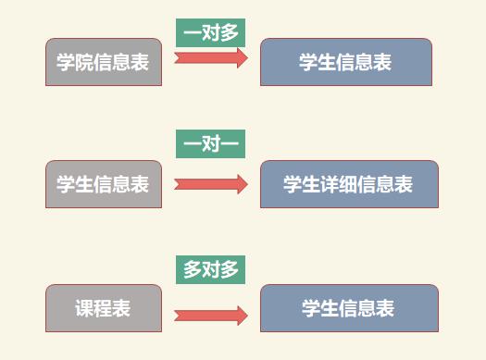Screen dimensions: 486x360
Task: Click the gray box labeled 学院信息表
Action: [104, 62]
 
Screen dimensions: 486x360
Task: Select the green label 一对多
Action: [210, 32]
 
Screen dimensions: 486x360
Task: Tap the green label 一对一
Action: [210, 143]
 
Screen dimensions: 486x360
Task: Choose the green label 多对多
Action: [210, 270]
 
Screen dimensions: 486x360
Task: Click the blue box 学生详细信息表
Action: [349, 184]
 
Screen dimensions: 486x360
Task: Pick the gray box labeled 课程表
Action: [104, 308]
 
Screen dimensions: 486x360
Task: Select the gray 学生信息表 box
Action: [104, 184]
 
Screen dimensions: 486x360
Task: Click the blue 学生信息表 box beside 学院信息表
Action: [346, 62]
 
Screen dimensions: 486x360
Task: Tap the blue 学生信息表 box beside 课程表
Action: [349, 308]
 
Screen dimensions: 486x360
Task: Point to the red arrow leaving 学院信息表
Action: [211, 58]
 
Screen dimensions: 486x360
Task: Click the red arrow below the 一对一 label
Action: [211, 184]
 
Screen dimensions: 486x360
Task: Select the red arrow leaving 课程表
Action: [211, 316]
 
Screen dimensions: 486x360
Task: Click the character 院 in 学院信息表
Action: [83, 62]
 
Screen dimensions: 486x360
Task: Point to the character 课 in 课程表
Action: [84, 308]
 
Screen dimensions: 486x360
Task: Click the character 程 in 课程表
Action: [103, 308]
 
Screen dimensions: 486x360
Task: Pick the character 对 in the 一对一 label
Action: [211, 143]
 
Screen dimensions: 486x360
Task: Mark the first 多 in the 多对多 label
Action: [193, 270]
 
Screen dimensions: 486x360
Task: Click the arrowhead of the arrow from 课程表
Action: [243, 316]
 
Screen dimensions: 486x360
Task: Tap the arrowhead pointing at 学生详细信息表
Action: [243, 184]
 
